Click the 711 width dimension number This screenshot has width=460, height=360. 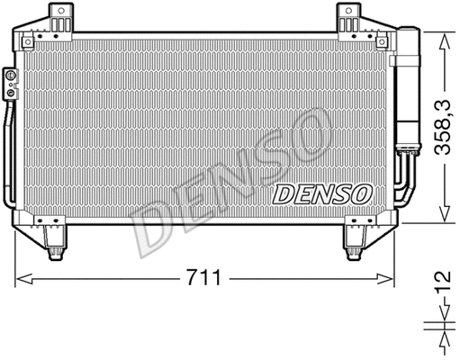[210, 278]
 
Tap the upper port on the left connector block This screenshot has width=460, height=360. [10, 78]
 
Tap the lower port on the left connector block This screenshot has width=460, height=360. [10, 92]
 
